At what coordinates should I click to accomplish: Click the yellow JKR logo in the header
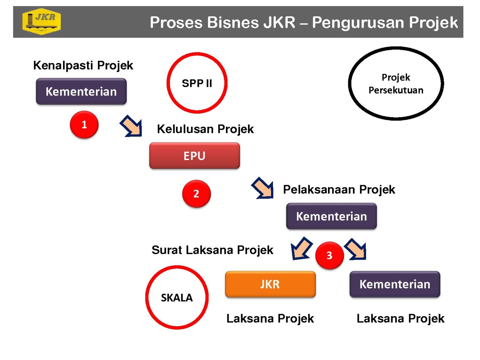click(41, 21)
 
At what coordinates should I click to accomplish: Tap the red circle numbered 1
click(84, 124)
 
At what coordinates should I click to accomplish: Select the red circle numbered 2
click(196, 193)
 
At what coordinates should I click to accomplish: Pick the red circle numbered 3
click(329, 255)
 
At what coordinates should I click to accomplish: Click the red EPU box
click(194, 156)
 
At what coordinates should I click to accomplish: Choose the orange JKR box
click(270, 284)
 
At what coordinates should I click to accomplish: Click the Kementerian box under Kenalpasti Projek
click(81, 91)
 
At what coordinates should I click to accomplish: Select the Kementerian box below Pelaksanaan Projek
click(331, 216)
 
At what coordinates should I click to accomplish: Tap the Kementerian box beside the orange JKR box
click(395, 284)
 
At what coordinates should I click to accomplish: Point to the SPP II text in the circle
click(197, 83)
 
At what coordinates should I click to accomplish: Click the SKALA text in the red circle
click(177, 298)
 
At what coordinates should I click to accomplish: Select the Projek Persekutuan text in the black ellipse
click(396, 84)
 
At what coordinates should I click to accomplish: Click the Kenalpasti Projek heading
click(83, 65)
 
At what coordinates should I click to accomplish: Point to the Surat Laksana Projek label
click(212, 250)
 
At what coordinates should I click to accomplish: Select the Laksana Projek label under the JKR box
click(270, 318)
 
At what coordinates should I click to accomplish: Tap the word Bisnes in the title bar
click(233, 22)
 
